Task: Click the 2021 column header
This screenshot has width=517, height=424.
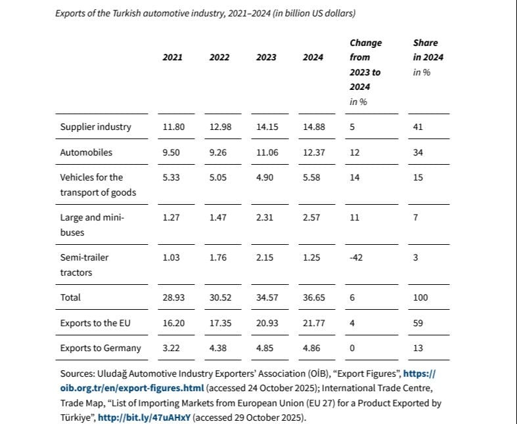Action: click(x=173, y=57)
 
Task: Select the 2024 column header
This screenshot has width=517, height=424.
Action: click(x=313, y=57)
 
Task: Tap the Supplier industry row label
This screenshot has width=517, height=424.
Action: click(x=95, y=127)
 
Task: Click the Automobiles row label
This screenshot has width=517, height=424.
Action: click(x=86, y=152)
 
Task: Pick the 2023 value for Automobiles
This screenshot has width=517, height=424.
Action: click(x=267, y=152)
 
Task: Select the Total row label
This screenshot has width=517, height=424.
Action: click(x=70, y=297)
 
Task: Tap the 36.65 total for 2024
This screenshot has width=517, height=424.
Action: click(x=313, y=297)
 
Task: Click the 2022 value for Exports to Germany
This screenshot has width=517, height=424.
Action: click(x=218, y=349)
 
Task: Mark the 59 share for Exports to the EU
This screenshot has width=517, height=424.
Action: click(x=418, y=323)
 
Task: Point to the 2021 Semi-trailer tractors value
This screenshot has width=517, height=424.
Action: click(x=171, y=257)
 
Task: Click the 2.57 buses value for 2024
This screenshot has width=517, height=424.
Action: click(x=311, y=217)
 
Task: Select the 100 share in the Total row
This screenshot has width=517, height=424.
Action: click(x=420, y=297)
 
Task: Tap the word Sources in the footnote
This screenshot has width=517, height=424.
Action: click(x=76, y=373)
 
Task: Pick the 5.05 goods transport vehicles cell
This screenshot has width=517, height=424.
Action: click(x=218, y=177)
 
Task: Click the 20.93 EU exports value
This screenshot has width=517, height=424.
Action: click(x=267, y=323)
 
